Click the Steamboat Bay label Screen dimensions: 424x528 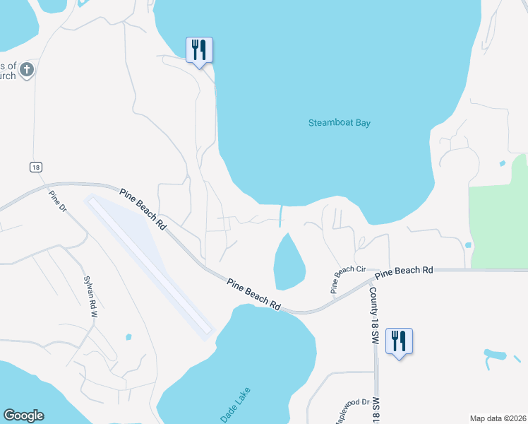pyautogui.click(x=339, y=123)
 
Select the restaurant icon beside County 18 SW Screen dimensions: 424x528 pyautogui.click(x=400, y=341)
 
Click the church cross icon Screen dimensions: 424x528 pyautogui.click(x=26, y=70)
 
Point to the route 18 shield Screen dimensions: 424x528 pyautogui.click(x=36, y=167)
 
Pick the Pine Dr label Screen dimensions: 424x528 pyautogui.click(x=57, y=201)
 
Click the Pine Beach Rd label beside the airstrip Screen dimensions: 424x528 pyautogui.click(x=143, y=209)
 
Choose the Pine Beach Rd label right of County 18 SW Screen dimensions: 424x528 pyautogui.click(x=404, y=271)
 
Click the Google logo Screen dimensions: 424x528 pyautogui.click(x=23, y=416)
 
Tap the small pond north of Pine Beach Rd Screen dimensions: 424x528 pyautogui.click(x=289, y=261)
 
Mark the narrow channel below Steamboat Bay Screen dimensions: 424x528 pyautogui.click(x=282, y=215)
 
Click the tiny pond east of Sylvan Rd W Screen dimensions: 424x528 pyautogui.click(x=128, y=337)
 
